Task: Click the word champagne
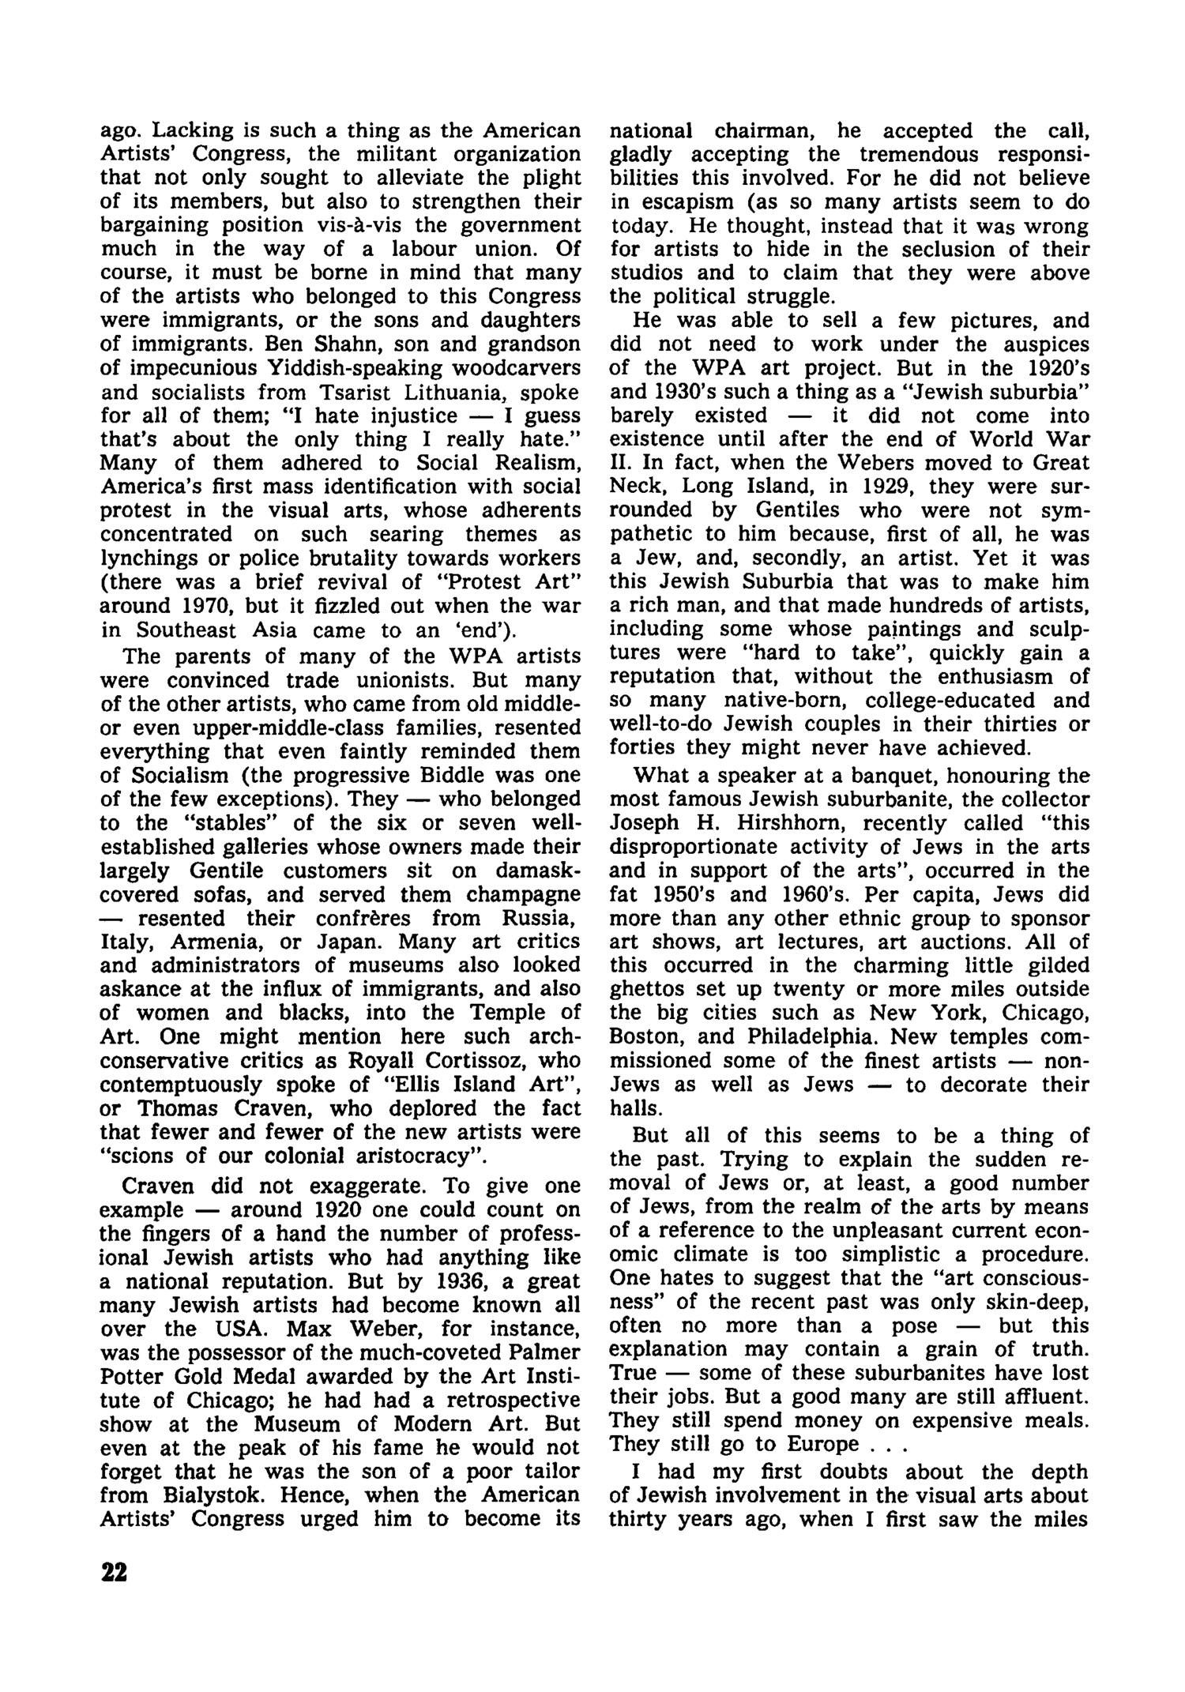[523, 894]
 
